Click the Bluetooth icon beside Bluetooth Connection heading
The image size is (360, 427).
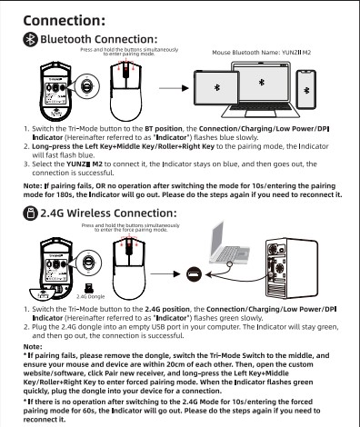pos(31,39)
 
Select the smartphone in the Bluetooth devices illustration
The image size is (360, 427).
pos(306,89)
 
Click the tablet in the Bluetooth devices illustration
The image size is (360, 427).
pos(216,88)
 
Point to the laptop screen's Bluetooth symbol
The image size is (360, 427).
pos(262,82)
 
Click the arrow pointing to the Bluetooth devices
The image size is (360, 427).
pos(174,88)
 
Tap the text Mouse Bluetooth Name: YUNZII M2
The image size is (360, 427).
pos(262,53)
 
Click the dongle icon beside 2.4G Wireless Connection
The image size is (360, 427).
pos(31,213)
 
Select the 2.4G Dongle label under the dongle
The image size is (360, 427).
pos(91,296)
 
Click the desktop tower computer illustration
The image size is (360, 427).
pos(292,268)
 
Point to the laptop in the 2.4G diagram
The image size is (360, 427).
pos(229,243)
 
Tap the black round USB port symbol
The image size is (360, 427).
pos(194,274)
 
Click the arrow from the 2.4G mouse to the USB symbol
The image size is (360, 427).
pos(165,274)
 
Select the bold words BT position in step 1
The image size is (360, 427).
pos(164,129)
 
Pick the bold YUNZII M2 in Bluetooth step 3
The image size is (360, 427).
pos(85,164)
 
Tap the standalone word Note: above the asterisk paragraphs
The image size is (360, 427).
pos(33,346)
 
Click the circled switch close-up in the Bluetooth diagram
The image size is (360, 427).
pos(87,87)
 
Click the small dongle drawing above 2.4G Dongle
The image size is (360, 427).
pos(89,288)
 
